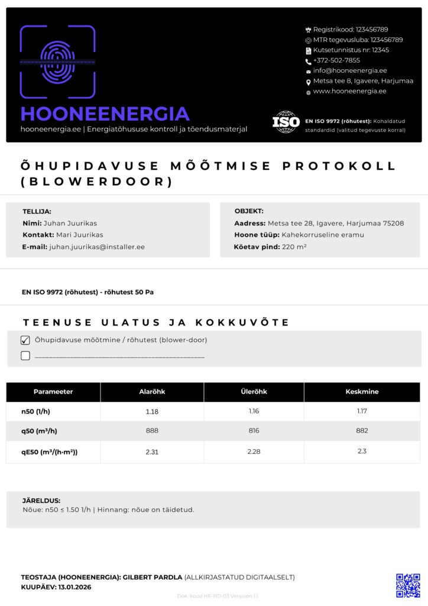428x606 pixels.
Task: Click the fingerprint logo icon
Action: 57,62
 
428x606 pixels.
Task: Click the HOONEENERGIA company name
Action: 105,114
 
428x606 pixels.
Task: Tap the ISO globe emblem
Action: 286,122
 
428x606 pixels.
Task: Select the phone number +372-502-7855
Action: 336,60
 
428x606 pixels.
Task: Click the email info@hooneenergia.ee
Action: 350,70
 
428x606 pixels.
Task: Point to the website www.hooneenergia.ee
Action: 349,91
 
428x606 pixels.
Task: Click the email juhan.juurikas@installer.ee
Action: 97,247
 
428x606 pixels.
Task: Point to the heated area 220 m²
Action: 294,247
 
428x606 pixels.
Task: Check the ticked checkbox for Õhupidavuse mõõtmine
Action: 25,340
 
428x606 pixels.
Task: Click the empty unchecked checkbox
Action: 25,356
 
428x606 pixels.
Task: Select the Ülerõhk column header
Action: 254,392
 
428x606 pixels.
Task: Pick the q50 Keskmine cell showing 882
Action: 362,431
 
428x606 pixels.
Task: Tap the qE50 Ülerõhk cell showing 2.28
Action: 254,452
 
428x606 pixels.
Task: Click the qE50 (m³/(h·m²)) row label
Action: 50,452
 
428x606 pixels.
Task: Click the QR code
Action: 408,585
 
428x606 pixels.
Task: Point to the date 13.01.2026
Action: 74,587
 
